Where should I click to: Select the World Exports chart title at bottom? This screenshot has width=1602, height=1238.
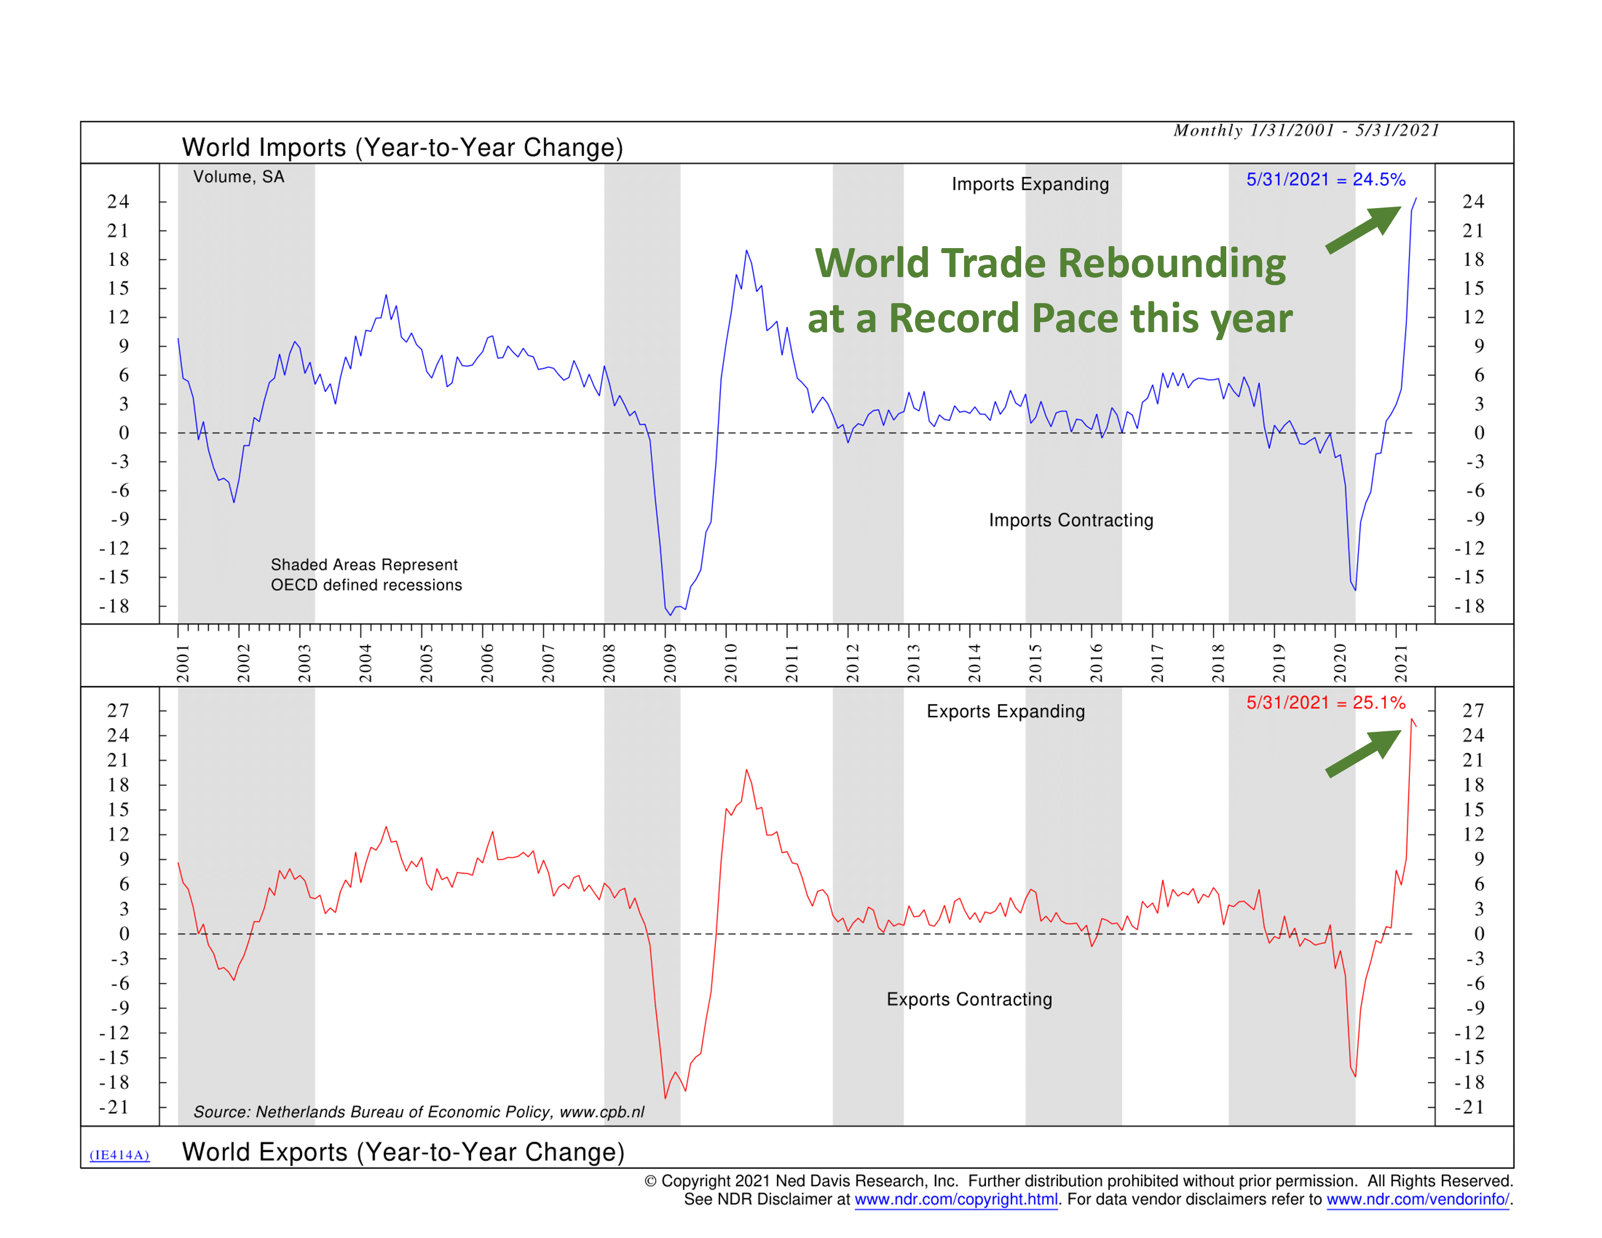point(403,1151)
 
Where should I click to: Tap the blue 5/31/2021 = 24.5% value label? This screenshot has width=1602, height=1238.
point(1325,180)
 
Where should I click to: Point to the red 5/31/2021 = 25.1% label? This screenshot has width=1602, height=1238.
point(1325,703)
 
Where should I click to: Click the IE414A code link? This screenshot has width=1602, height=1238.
point(120,1155)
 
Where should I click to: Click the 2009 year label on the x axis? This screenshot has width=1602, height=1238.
point(670,663)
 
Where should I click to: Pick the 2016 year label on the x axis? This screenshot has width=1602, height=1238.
point(1096,663)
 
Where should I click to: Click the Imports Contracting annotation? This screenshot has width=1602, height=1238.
point(1071,520)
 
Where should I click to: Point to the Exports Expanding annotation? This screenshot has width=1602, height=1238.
point(1006,711)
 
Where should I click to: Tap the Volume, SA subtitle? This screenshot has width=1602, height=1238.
point(238,177)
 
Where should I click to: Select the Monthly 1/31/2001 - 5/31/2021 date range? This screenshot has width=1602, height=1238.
point(1306,131)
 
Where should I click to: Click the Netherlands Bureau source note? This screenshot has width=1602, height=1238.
point(419,1112)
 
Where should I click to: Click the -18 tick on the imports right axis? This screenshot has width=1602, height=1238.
point(1469,606)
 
